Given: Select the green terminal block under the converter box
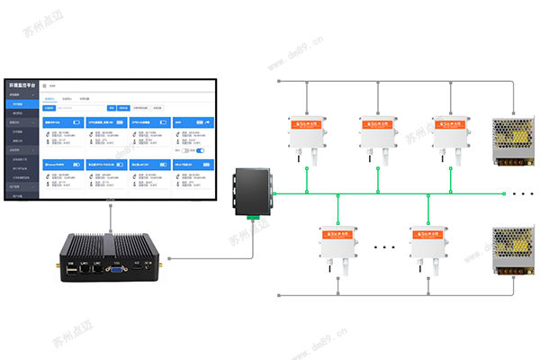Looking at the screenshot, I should [x=252, y=215].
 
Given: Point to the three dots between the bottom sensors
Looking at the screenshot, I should [x=386, y=245].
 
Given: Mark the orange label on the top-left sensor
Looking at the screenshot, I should [x=307, y=123].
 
